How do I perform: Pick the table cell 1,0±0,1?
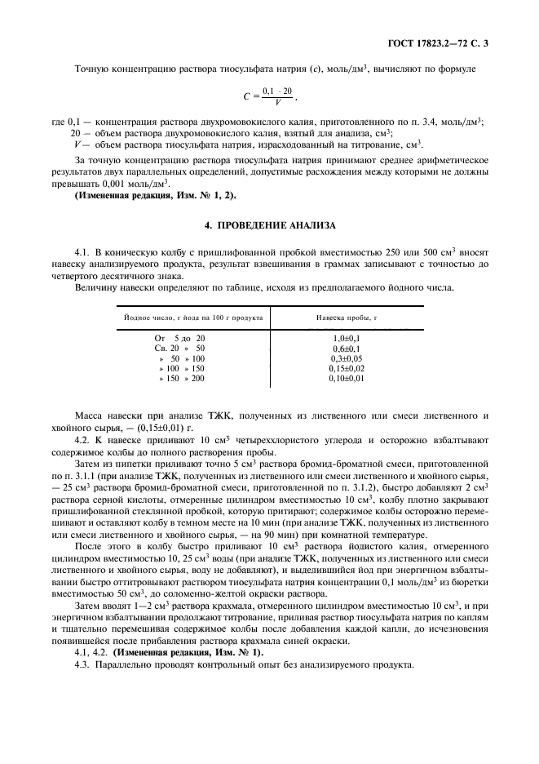[x=347, y=337]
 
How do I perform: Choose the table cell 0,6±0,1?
[x=347, y=348]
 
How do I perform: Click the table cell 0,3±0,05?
[x=347, y=358]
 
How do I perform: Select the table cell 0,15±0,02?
[x=347, y=369]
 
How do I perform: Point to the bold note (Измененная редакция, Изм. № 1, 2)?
[x=135, y=196]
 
